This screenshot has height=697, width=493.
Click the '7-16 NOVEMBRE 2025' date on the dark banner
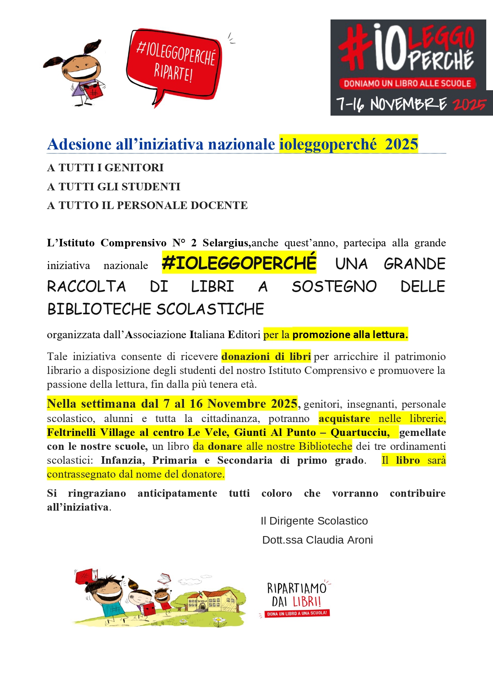411,104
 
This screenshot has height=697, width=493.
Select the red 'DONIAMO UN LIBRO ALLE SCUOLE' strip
407,84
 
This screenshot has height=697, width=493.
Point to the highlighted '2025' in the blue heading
401,144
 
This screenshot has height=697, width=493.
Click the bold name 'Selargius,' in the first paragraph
226,243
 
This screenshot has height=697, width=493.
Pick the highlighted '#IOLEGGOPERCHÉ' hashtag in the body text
239,263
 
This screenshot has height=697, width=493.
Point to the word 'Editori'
244,335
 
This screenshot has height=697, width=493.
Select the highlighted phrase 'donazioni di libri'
266,356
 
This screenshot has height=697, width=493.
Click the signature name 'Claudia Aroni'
339,540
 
